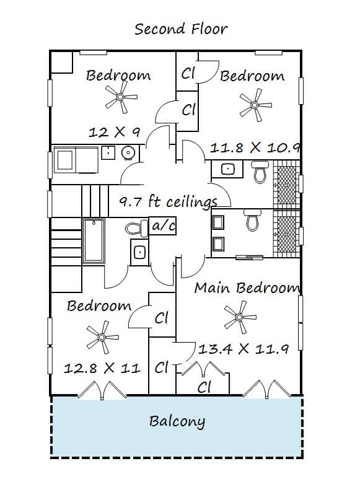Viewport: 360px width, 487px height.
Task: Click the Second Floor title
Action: click(x=181, y=29)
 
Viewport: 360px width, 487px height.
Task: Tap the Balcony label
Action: click(x=177, y=421)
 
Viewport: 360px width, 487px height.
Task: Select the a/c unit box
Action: click(x=163, y=226)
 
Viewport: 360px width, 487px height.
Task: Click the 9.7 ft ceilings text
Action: click(x=168, y=201)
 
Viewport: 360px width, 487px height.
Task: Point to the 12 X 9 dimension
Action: click(x=115, y=133)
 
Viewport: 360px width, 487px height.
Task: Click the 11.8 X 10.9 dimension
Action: click(x=255, y=147)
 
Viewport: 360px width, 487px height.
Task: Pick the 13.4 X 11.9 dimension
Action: click(x=244, y=349)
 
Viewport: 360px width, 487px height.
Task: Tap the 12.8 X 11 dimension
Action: click(x=102, y=369)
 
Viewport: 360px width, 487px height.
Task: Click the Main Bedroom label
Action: click(x=247, y=287)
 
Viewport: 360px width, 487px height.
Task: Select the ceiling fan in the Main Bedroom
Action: click(x=239, y=317)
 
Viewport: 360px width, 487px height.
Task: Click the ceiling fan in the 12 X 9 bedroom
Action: click(x=120, y=97)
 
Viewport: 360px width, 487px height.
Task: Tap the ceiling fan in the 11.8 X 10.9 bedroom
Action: click(x=255, y=105)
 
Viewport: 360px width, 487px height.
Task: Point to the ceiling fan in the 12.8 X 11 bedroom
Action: click(x=102, y=337)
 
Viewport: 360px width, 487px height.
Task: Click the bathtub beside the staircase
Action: click(x=94, y=241)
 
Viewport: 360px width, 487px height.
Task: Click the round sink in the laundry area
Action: click(x=128, y=152)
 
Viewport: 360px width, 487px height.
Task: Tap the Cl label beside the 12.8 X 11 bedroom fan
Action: click(x=162, y=318)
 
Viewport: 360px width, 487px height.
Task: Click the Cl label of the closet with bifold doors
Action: click(x=204, y=387)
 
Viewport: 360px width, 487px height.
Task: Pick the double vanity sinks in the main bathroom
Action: click(x=218, y=233)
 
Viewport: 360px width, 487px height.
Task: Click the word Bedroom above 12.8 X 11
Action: click(x=99, y=306)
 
